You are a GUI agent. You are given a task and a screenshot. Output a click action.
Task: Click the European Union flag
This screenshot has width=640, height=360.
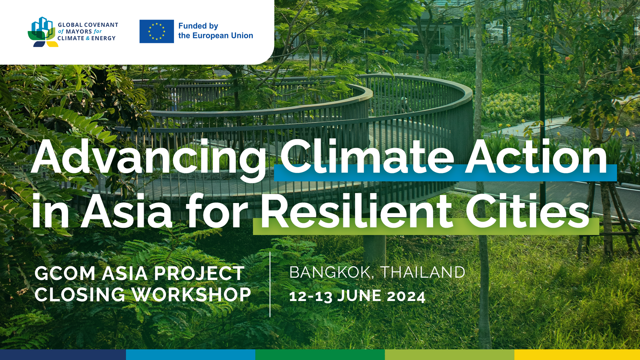point(157,31)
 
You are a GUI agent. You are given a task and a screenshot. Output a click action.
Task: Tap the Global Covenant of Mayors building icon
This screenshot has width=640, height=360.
point(42,32)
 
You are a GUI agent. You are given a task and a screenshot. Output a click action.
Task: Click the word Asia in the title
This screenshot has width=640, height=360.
point(127,211)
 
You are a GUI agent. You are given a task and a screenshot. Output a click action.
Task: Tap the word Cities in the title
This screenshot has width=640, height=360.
point(528,210)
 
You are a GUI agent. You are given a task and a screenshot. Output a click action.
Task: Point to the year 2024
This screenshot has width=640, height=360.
point(406,296)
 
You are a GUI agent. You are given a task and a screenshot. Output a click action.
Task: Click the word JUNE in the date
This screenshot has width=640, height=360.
point(359,296)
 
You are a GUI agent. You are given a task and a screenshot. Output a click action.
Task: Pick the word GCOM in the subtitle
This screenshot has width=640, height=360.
point(65,274)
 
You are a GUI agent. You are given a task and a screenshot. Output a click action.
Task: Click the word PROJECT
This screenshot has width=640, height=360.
point(199,274)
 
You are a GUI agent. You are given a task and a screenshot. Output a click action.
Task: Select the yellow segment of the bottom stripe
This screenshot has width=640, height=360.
point(577,355)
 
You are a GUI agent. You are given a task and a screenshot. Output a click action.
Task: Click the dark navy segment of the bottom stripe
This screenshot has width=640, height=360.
point(63,355)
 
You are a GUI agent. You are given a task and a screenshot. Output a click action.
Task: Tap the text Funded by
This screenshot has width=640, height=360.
point(198,26)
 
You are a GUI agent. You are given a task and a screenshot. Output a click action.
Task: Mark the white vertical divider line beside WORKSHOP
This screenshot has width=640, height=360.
point(270,284)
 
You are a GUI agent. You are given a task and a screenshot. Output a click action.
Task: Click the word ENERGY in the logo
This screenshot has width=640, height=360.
point(103,38)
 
